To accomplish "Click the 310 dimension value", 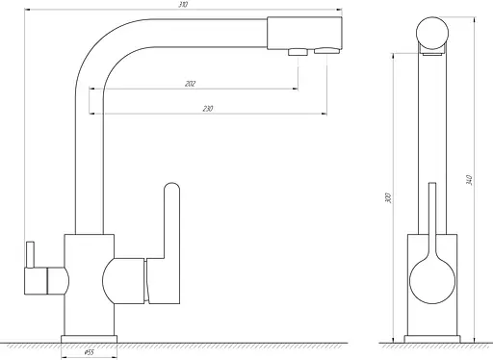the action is pyautogui.click(x=183, y=5).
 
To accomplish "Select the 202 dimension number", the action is pyautogui.click(x=190, y=84).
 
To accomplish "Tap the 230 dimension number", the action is pyautogui.click(x=208, y=109).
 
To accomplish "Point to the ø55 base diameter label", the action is pyautogui.click(x=90, y=352).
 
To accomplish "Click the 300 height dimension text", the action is pyautogui.click(x=388, y=197).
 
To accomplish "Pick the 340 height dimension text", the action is pyautogui.click(x=469, y=180).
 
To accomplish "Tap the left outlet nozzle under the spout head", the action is pyautogui.click(x=298, y=52).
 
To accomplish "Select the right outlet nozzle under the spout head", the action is pyautogui.click(x=326, y=51).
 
